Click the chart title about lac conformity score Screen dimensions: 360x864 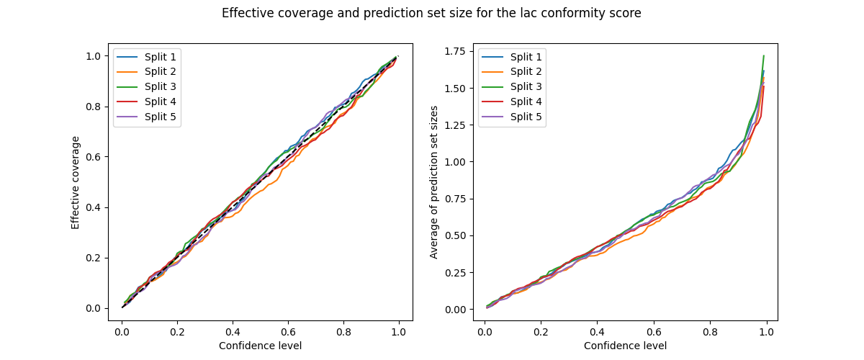pos(431,13)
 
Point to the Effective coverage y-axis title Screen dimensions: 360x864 pos(76,182)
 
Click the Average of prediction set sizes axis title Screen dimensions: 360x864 pos(434,182)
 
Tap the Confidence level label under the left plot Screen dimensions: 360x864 pos(260,346)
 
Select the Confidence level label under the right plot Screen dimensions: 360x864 pos(625,346)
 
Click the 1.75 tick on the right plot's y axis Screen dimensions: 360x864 pos(454,51)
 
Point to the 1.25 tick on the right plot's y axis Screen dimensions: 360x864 pos(454,125)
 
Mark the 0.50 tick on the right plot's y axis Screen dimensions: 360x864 pos(454,235)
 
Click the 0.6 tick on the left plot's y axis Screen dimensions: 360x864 pos(94,157)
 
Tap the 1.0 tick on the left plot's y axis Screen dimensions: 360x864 pos(94,56)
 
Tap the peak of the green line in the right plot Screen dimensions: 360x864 pos(763,55)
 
